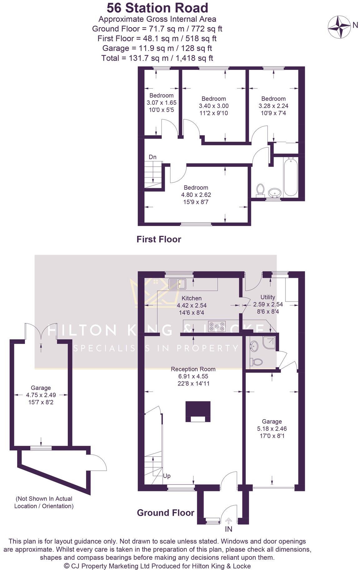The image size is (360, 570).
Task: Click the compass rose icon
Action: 339,27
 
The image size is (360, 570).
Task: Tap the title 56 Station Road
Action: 157,7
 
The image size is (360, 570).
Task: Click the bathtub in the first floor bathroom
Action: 290,177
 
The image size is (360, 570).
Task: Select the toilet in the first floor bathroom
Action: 260,190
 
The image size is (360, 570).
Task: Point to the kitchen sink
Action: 177,284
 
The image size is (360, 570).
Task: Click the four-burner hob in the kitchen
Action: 217,326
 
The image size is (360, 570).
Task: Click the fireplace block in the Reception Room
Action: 198,411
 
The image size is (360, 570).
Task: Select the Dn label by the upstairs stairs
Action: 152,157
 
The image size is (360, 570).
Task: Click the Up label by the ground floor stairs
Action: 167,476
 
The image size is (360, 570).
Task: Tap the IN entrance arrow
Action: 229,521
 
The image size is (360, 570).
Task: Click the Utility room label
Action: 268,297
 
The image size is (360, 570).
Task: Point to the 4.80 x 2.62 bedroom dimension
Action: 196,195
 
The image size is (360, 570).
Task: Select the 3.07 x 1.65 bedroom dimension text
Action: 161,102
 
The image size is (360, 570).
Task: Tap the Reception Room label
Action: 193,369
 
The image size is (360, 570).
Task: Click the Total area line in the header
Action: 157,58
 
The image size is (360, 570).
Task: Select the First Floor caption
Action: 159,239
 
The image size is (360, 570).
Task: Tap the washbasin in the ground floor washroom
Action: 254,346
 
